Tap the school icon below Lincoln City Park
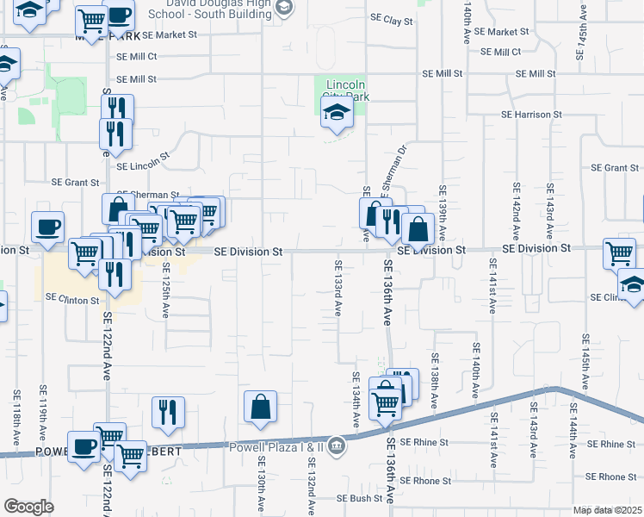(x=337, y=112)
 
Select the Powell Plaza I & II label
(x=277, y=447)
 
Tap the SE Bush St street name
(x=359, y=498)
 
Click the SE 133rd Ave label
(x=338, y=287)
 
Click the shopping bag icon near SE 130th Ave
(x=260, y=408)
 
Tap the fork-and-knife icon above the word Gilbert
(x=168, y=412)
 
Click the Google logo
(x=28, y=507)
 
